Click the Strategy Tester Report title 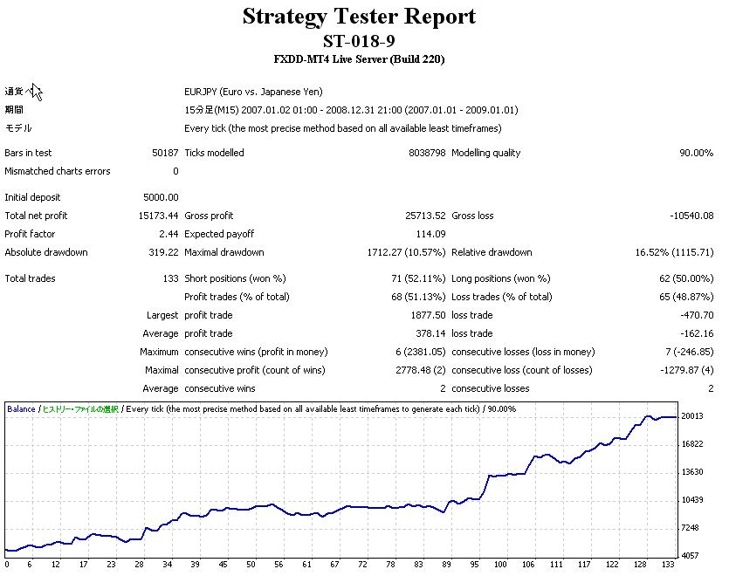[x=359, y=17]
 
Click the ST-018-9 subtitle [x=359, y=41]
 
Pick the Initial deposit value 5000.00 [x=161, y=197]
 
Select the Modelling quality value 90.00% [x=696, y=153]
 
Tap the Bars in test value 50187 [x=165, y=153]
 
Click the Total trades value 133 [x=170, y=278]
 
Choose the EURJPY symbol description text [x=247, y=92]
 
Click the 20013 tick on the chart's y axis [x=691, y=416]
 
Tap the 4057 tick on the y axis [x=691, y=555]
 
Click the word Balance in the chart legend [x=21, y=408]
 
